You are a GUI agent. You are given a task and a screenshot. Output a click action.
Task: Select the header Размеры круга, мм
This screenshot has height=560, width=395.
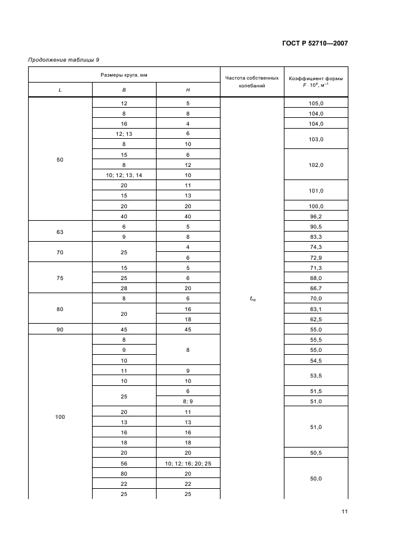tap(124, 75)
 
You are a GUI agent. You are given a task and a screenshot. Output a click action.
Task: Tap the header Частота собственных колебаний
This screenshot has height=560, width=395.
tap(250, 82)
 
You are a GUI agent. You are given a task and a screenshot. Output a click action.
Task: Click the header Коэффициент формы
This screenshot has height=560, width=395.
tap(315, 78)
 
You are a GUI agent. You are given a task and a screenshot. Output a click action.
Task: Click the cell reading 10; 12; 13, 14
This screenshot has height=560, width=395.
tap(124, 175)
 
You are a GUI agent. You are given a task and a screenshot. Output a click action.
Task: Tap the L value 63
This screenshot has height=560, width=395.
tap(60, 232)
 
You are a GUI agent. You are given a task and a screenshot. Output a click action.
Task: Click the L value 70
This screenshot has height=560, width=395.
tap(60, 252)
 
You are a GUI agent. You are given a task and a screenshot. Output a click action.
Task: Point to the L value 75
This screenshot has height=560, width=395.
tap(60, 278)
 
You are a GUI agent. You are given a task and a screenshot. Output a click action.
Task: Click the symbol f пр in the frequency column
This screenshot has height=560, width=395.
tap(252, 298)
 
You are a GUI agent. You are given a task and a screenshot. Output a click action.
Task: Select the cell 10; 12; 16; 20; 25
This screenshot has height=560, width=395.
tap(188, 464)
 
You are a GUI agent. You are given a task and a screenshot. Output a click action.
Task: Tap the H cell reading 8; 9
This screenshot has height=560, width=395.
tap(188, 401)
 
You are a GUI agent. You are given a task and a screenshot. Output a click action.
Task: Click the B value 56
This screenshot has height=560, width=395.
tap(124, 464)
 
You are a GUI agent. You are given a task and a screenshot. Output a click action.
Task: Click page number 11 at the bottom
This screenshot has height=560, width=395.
tap(345, 511)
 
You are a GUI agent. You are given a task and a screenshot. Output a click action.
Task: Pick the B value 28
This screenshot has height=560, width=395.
tap(124, 288)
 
